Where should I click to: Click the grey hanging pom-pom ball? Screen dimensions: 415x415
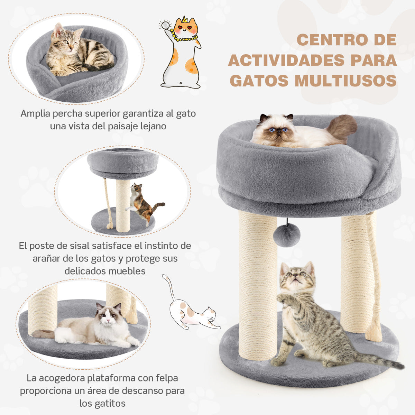coord(286,235)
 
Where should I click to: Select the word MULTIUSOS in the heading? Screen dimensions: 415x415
coord(345,81)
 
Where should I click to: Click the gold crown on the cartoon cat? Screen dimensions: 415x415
coord(184,19)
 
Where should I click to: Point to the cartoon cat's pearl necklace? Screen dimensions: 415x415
coord(185,37)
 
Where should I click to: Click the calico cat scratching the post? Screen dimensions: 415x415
coord(142,202)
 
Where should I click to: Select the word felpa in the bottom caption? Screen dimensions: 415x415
coord(166,378)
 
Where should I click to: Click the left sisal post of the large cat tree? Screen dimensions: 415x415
coord(258,284)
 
